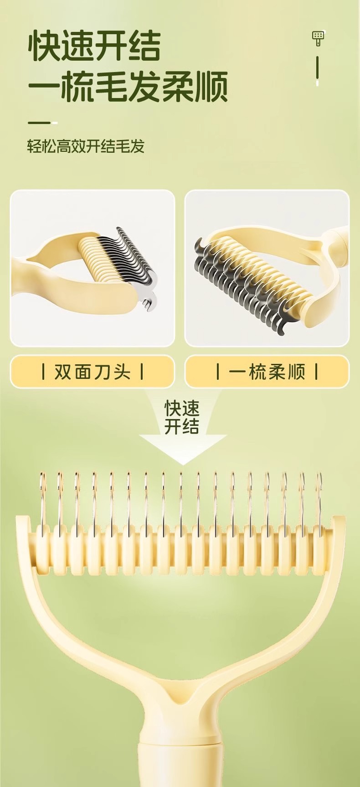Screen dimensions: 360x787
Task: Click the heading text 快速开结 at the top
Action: pyautogui.click(x=94, y=46)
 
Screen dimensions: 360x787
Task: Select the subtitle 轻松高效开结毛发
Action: pyautogui.click(x=86, y=146)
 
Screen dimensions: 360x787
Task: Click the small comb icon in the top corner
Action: pyautogui.click(x=318, y=38)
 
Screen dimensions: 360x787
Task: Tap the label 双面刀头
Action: pyautogui.click(x=93, y=372)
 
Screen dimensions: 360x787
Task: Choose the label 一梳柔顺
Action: pyautogui.click(x=267, y=372)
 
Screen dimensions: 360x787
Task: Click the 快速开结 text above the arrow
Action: pyautogui.click(x=182, y=417)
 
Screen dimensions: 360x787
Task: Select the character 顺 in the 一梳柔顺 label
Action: pyautogui.click(x=297, y=372)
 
